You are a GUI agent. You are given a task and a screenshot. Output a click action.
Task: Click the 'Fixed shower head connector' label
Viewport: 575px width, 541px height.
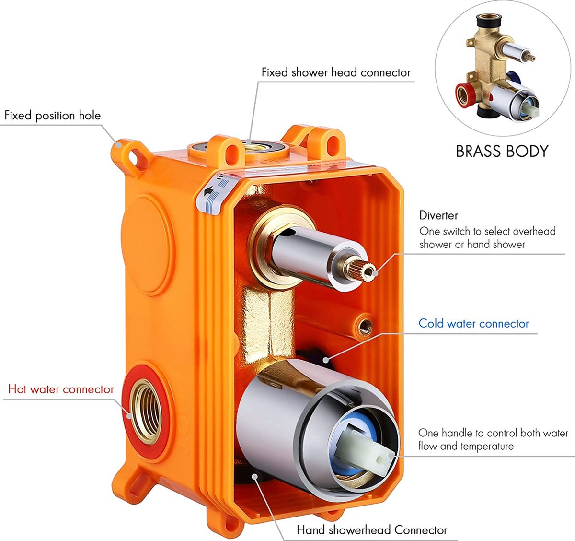336,72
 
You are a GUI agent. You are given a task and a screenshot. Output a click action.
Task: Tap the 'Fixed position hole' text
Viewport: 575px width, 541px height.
52,116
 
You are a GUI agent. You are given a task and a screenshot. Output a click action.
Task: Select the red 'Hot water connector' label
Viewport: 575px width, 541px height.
61,389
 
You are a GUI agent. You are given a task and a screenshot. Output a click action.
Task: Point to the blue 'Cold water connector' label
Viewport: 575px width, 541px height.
474,324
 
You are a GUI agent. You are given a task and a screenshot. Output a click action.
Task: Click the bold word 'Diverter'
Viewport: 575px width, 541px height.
438,215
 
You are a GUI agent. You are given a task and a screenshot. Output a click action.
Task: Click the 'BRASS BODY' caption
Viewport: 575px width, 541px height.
502,151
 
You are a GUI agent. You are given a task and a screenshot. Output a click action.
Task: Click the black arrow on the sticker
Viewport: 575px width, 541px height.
208,191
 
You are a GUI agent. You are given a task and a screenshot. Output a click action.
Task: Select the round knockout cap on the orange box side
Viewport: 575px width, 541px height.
148,245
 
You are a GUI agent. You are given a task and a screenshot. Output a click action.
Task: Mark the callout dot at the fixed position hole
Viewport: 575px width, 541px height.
118,144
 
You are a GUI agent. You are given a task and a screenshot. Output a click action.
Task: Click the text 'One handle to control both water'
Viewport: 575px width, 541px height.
493,433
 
